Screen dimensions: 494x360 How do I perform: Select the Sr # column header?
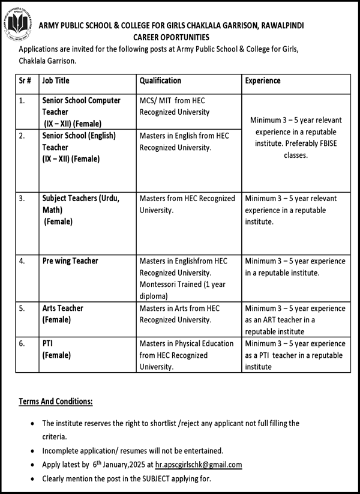(25, 80)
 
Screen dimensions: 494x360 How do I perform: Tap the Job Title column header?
(56, 80)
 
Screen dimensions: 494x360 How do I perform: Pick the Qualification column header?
(160, 80)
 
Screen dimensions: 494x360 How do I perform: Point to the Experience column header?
(262, 80)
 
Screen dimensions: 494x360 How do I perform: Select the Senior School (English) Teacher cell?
(79, 147)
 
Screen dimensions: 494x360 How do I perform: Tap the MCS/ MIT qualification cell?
(174, 106)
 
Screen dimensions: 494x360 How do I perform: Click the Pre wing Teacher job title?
(70, 261)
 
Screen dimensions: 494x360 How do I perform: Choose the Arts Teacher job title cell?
(62, 313)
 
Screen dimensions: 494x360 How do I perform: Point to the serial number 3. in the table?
(22, 198)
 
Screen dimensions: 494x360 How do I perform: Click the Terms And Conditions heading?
(56, 401)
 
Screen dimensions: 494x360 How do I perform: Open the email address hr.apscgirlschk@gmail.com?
(199, 465)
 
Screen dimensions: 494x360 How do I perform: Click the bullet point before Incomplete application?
(32, 450)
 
